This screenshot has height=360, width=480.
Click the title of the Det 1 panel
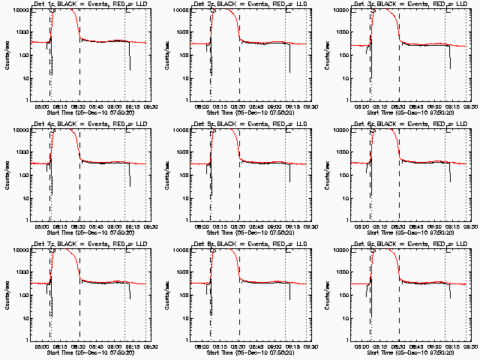(x=91, y=4)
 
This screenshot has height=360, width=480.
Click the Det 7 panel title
(x=91, y=244)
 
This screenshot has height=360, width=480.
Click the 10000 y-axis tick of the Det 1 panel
(x=19, y=10)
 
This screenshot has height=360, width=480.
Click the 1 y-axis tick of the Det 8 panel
(x=188, y=340)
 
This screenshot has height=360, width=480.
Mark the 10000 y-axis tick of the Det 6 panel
(x=340, y=130)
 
